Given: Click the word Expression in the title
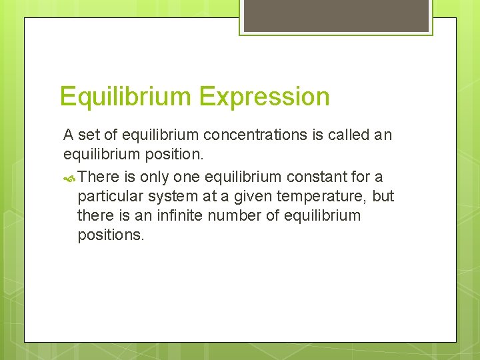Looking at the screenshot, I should pyautogui.click(x=264, y=97).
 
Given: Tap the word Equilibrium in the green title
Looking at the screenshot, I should pyautogui.click(x=125, y=97).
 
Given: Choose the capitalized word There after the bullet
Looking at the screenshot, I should pyautogui.click(x=98, y=176).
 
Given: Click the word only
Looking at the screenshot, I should pyautogui.click(x=155, y=176).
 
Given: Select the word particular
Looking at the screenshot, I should pyautogui.click(x=107, y=196).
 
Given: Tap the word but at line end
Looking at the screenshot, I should pyautogui.click(x=383, y=196).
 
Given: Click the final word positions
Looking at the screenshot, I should pyautogui.click(x=110, y=236).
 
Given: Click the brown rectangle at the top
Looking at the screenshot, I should pyautogui.click(x=336, y=15).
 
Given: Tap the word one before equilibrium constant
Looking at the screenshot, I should pyautogui.click(x=190, y=176).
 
